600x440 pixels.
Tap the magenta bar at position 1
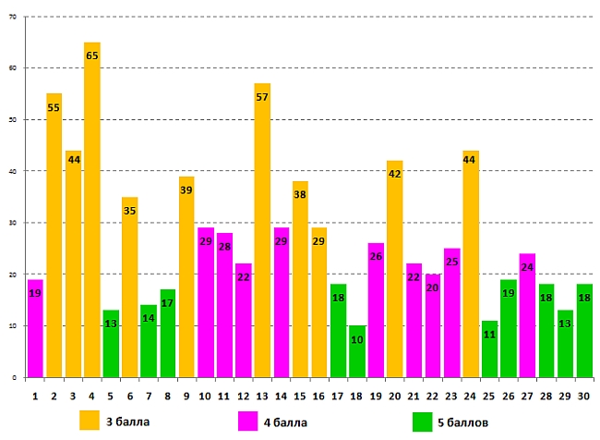click(x=35, y=328)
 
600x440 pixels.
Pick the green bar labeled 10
click(x=357, y=351)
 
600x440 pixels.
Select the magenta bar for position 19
click(x=376, y=310)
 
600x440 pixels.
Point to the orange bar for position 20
click(x=395, y=269)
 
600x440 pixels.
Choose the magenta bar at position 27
click(x=527, y=315)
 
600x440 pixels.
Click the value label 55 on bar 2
click(x=54, y=108)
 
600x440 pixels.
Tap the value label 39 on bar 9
click(x=186, y=190)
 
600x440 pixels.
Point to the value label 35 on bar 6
click(x=129, y=211)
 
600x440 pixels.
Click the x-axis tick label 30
click(x=584, y=395)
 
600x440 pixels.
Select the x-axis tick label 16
click(x=319, y=395)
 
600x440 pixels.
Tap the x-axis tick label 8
click(x=167, y=395)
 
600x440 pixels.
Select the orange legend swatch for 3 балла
click(x=90, y=422)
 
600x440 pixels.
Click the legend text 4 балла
click(x=286, y=422)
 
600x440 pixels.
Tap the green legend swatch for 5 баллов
click(x=423, y=422)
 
